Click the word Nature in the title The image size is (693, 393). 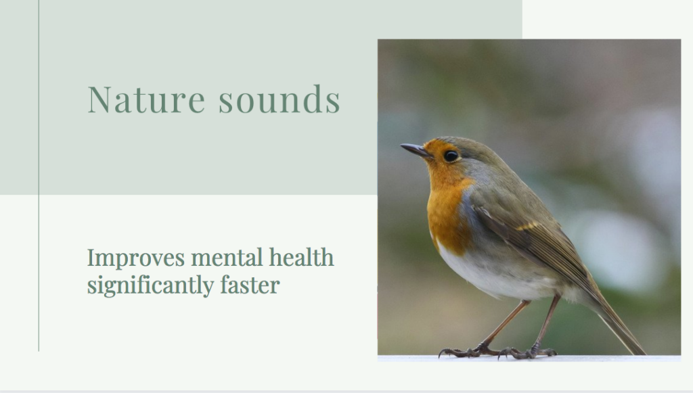[146, 99]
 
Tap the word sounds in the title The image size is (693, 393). [280, 99]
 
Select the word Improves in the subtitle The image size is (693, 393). [135, 258]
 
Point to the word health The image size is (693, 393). [301, 257]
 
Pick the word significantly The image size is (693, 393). [150, 285]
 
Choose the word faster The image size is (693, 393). [250, 285]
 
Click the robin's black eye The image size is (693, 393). [451, 156]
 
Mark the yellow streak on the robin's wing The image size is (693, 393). [528, 227]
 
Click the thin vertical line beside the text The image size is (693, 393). [39, 176]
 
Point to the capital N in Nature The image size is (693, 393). [99, 99]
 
